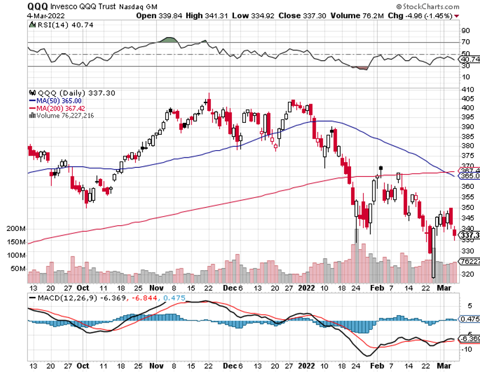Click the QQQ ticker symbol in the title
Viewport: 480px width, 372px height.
pos(38,6)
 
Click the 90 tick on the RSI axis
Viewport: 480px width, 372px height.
pos(464,31)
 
